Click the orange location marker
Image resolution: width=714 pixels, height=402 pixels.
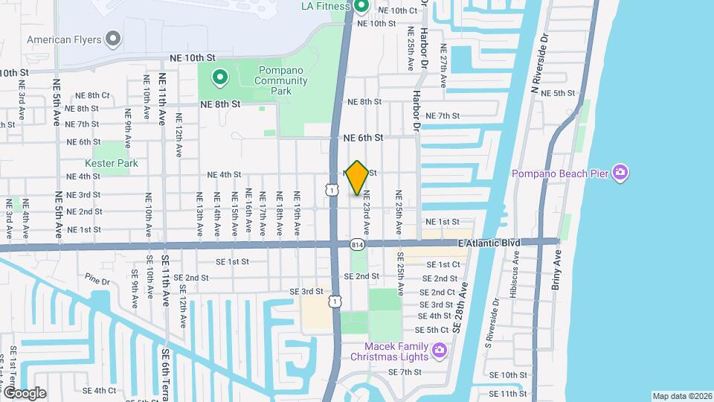(x=357, y=177)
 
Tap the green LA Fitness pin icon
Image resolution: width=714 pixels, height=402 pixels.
(x=361, y=7)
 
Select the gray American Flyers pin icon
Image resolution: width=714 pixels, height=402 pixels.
(x=113, y=38)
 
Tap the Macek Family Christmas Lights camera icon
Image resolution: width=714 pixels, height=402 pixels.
(x=440, y=349)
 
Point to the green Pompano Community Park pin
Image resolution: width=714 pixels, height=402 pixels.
(x=220, y=76)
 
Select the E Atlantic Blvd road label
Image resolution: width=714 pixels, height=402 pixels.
(x=489, y=243)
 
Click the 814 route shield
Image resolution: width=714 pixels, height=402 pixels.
(x=357, y=243)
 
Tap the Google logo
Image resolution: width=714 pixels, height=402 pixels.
(x=24, y=392)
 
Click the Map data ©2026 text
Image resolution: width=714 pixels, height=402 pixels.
(x=681, y=396)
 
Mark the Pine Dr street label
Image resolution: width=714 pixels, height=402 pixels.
(x=97, y=281)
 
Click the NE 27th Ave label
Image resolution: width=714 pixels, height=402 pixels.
(x=443, y=65)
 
